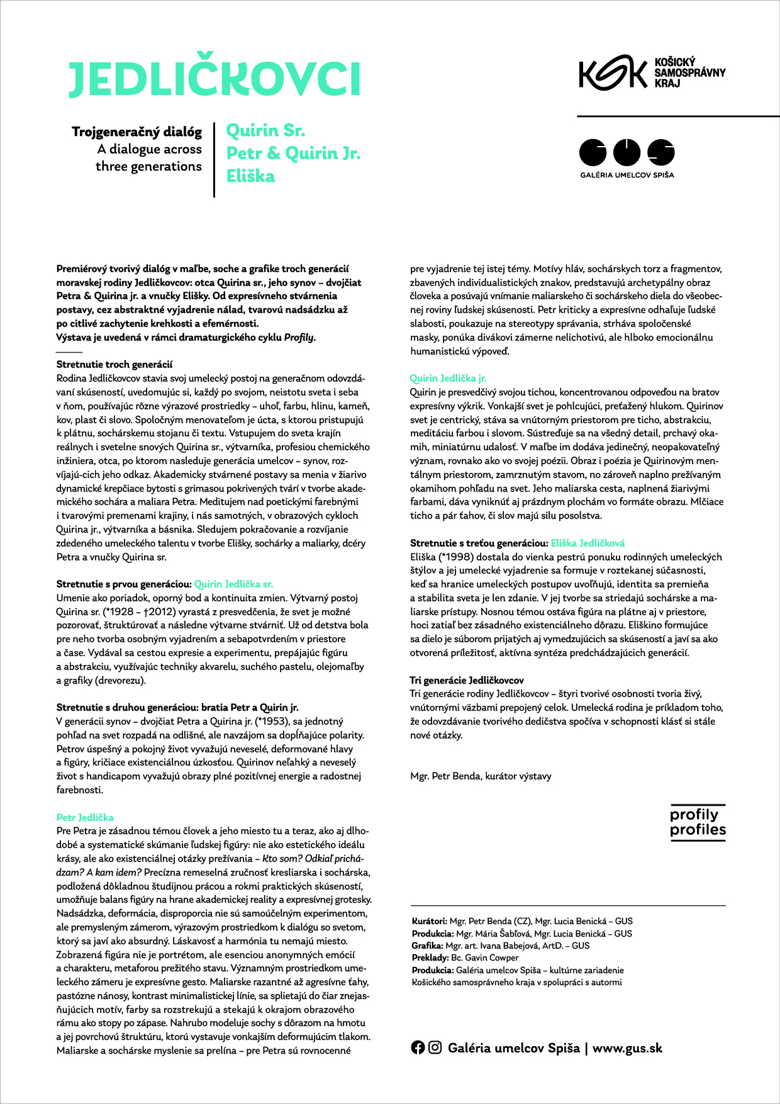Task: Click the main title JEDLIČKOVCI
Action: [214, 80]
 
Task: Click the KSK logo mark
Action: [613, 72]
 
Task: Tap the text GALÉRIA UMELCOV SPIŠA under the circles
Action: [627, 175]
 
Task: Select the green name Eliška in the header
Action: [250, 176]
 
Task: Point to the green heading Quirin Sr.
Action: [265, 131]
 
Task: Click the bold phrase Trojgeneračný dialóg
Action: [137, 132]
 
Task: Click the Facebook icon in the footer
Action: [418, 1047]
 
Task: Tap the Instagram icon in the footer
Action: [435, 1047]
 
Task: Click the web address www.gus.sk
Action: [627, 1048]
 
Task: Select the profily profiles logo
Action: [698, 822]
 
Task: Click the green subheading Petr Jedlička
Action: [85, 817]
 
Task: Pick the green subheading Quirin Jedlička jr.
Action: [448, 378]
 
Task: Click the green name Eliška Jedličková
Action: [588, 543]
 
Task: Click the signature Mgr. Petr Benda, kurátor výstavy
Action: [481, 776]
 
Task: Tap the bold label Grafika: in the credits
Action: [428, 945]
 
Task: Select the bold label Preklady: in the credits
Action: [430, 957]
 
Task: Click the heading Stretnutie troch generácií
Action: [114, 364]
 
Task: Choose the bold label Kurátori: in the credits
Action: [430, 921]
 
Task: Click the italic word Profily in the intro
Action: [299, 337]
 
